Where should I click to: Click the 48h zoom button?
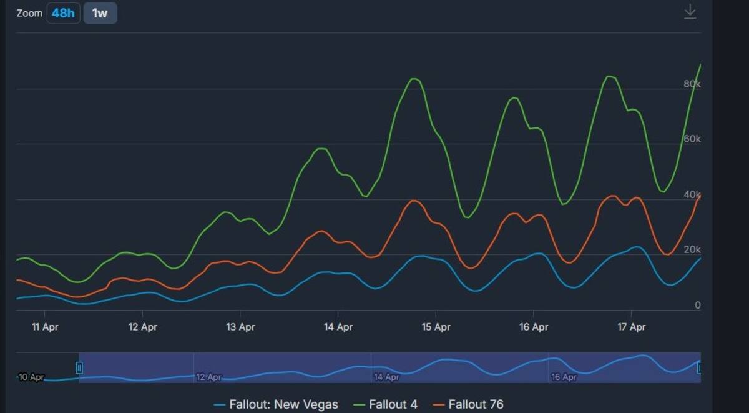(x=63, y=13)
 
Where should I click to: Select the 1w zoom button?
(x=100, y=13)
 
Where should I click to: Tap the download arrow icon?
(x=690, y=12)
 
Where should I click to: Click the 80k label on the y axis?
(x=692, y=84)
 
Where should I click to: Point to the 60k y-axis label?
(x=692, y=139)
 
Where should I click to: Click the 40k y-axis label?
(x=692, y=194)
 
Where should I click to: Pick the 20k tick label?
(x=692, y=249)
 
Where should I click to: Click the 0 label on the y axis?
(x=698, y=305)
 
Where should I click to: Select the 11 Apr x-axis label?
(x=45, y=327)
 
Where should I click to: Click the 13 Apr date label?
(x=240, y=327)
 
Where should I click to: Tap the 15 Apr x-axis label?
(x=436, y=327)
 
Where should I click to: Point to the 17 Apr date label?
(x=631, y=327)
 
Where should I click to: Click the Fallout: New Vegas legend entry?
(x=276, y=404)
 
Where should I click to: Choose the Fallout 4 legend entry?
(x=386, y=404)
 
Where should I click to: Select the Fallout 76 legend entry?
(x=468, y=404)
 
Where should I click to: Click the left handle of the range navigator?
(x=79, y=368)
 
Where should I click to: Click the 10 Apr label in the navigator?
(x=31, y=377)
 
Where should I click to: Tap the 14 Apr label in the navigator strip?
(x=386, y=377)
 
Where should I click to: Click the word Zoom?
(x=29, y=13)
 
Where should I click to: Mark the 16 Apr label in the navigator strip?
(x=564, y=377)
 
